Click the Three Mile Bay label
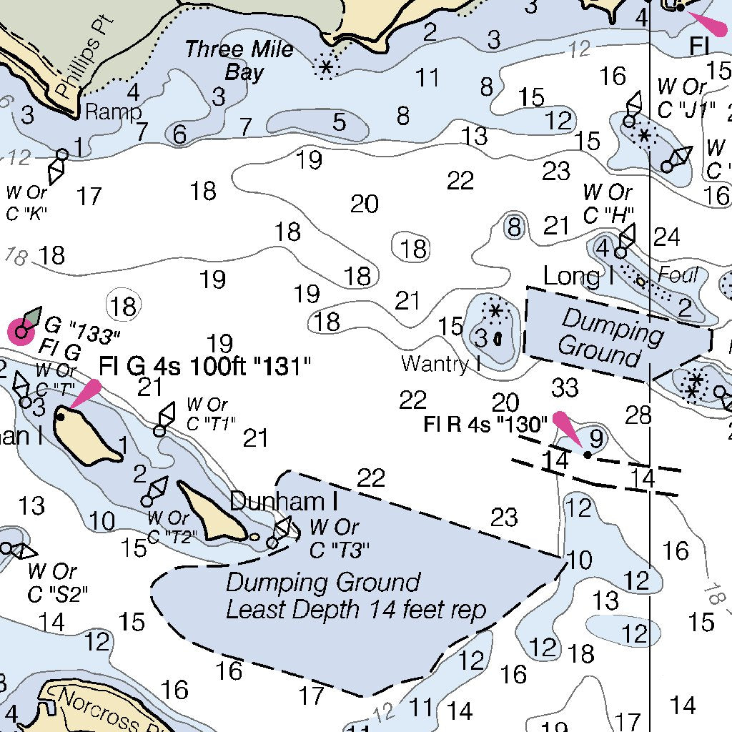pos(239,61)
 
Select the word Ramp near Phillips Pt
pos(113,112)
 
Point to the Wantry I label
pos(440,363)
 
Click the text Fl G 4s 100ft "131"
pos(205,367)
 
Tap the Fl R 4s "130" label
pos(485,424)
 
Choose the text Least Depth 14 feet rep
pos(356,610)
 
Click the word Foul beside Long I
pos(678,274)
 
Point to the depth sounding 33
pos(565,387)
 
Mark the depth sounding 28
pos(638,414)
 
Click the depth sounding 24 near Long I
pos(666,237)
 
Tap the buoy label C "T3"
pos(340,550)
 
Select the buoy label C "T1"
pos(210,423)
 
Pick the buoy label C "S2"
pos(51,593)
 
